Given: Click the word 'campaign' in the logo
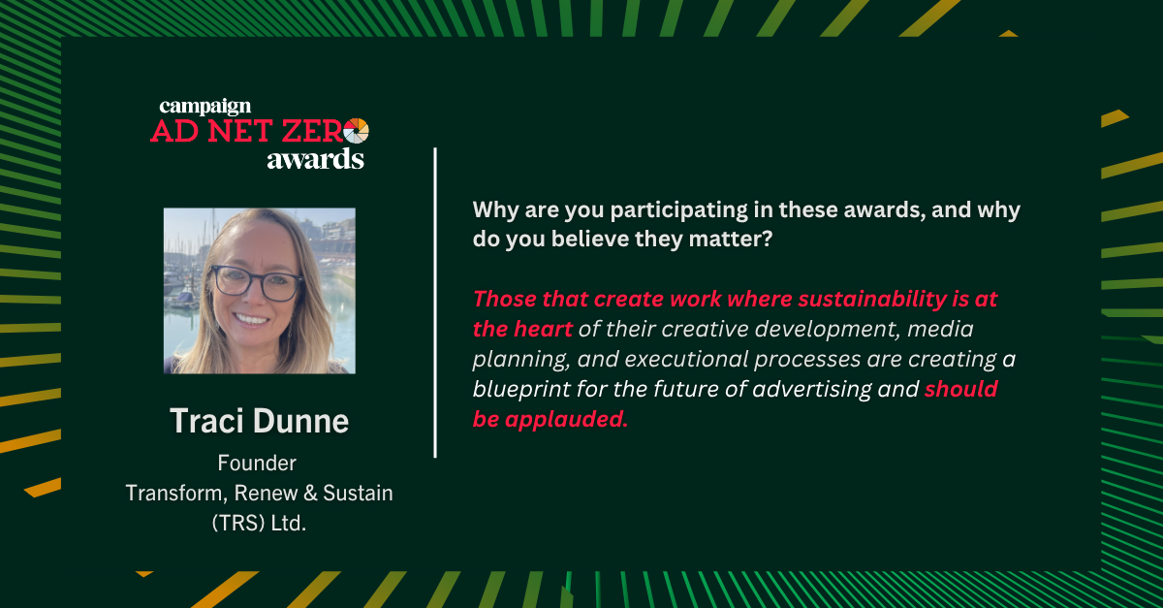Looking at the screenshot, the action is [x=205, y=107].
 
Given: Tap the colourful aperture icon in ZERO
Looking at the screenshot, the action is [x=357, y=131].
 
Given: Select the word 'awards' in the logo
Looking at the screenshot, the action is [x=316, y=159].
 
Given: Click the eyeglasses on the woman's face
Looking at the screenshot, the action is [x=256, y=283].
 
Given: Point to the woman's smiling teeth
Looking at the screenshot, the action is [x=251, y=319].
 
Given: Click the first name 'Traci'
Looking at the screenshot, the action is [x=207, y=421].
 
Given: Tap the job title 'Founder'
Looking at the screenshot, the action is [x=257, y=463].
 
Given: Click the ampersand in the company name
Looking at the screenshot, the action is [x=310, y=494].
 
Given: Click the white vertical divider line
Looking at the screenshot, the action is [x=435, y=303].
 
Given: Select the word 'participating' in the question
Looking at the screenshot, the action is [x=678, y=210].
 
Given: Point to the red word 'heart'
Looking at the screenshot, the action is [x=543, y=329].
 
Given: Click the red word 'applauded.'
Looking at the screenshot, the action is [x=566, y=419].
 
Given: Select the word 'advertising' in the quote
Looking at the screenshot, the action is [x=812, y=390].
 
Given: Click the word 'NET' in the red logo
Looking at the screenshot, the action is [x=239, y=131].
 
